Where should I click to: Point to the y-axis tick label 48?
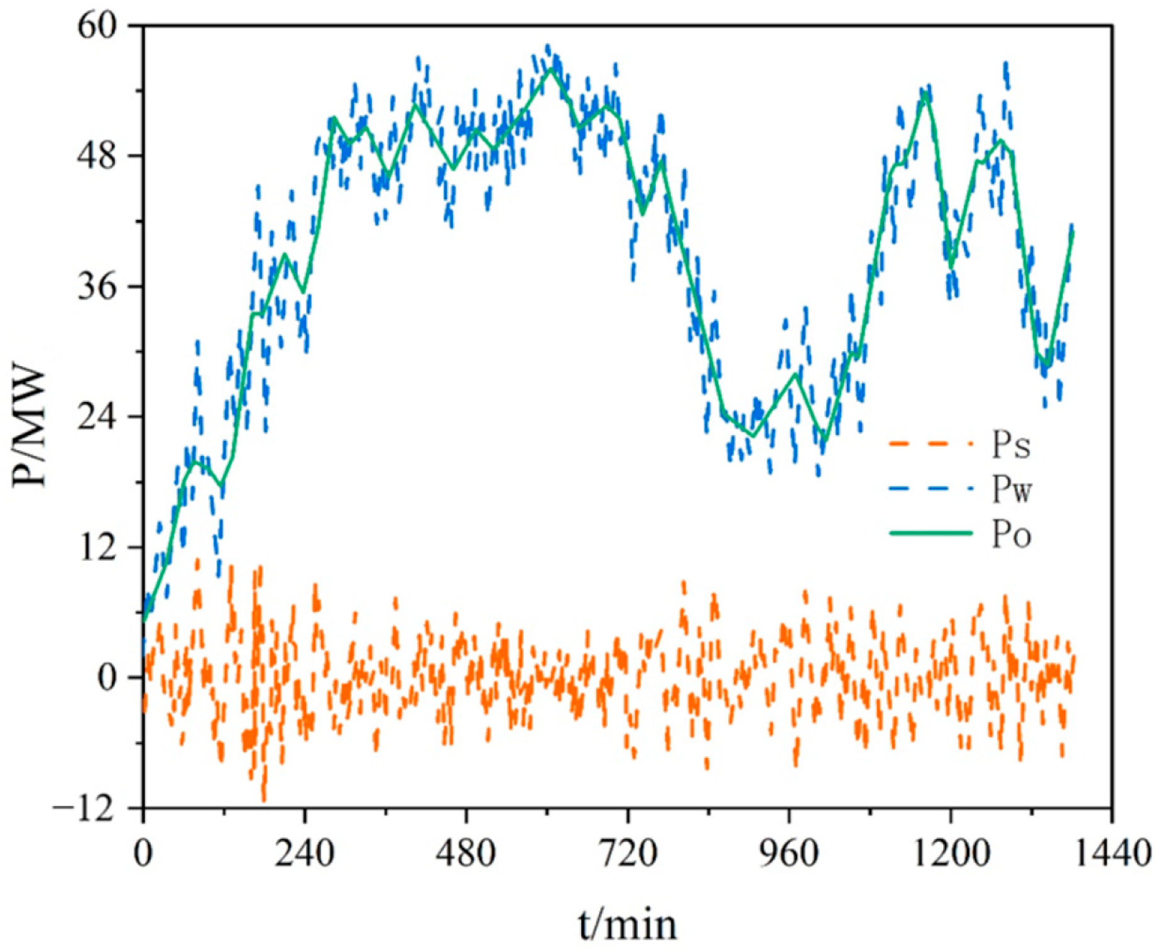tap(97, 156)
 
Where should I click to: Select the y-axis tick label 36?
tap(97, 286)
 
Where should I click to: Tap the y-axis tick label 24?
tap(97, 417)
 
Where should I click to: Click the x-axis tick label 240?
tap(304, 854)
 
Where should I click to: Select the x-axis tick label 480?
tap(466, 854)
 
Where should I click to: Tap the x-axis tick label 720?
tap(628, 854)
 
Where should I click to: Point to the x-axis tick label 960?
tap(789, 854)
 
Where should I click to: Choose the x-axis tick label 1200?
tap(950, 854)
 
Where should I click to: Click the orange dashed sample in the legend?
tap(930, 444)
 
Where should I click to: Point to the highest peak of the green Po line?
tap(552, 68)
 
